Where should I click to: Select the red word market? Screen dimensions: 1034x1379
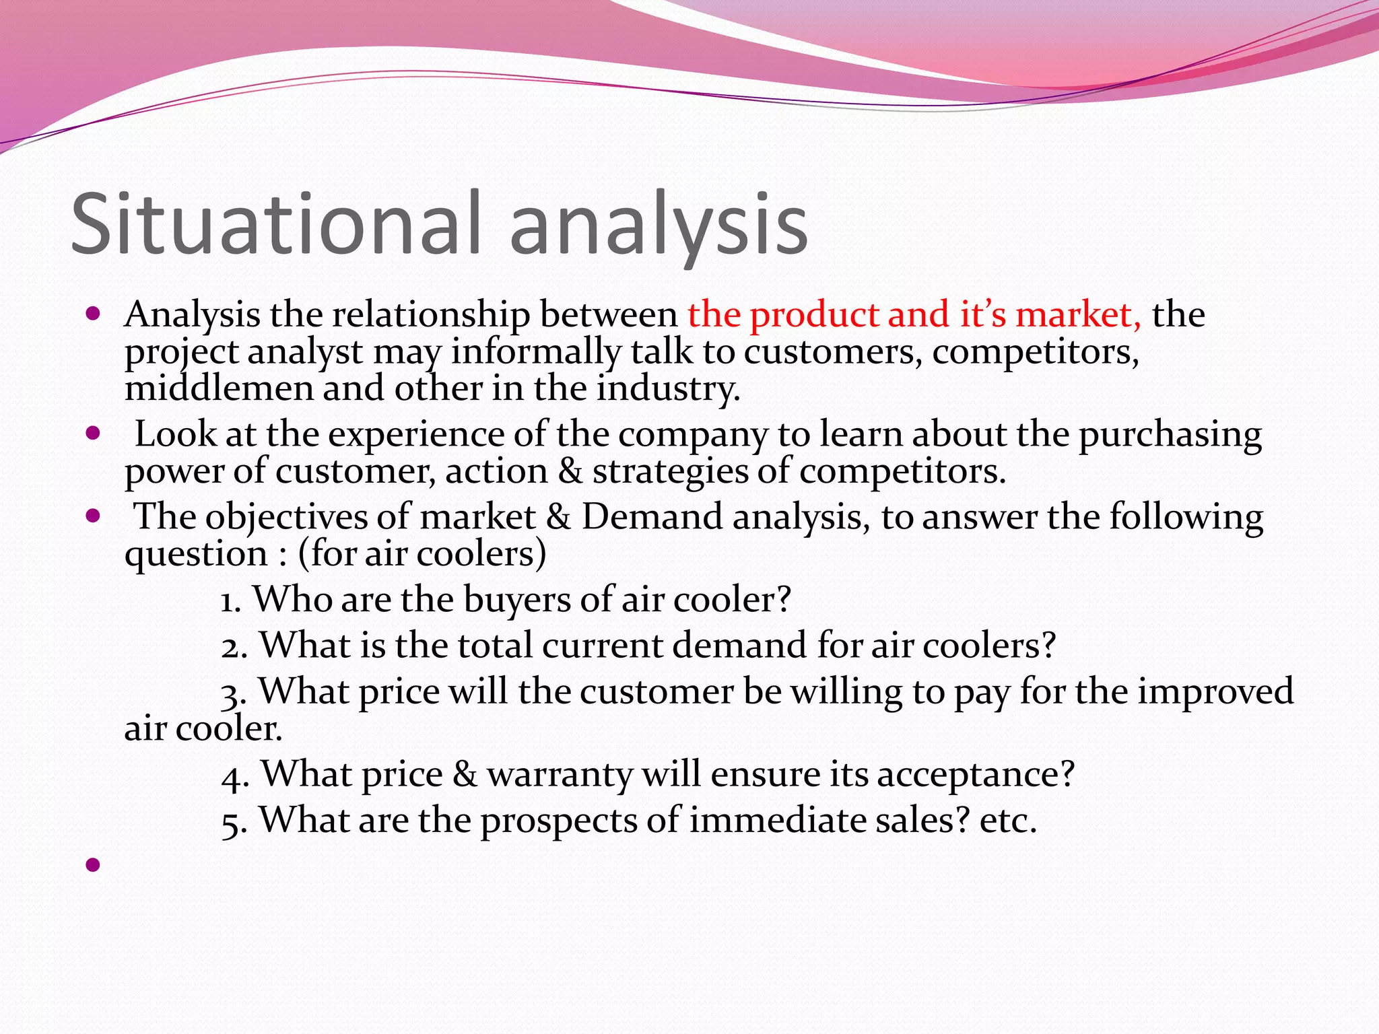(x=1077, y=315)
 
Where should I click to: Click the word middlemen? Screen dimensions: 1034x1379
(x=218, y=388)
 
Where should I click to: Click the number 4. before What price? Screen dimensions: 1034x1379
(x=235, y=775)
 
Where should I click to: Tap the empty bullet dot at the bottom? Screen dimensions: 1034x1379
(x=93, y=864)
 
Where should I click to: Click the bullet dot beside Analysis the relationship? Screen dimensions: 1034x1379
(x=93, y=314)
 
